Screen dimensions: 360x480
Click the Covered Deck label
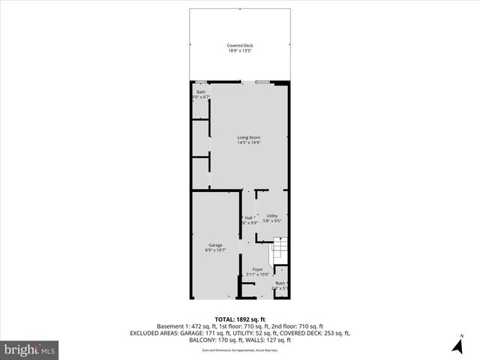[x=240, y=46]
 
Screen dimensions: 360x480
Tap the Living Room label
[x=248, y=137]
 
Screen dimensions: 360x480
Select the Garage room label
[x=215, y=245]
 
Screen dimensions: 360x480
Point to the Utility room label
[x=271, y=216]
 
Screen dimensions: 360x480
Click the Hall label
[x=248, y=217]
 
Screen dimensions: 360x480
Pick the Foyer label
[x=257, y=269]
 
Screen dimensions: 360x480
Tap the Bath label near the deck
[x=201, y=92]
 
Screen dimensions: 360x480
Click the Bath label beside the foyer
[x=280, y=283]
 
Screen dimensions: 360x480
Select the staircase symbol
[x=279, y=248]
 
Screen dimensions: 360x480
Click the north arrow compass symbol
[x=457, y=345]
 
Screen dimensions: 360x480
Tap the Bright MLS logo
[x=30, y=349]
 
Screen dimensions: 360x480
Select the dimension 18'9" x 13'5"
[x=240, y=51]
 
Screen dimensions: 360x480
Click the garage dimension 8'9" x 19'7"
[x=215, y=250]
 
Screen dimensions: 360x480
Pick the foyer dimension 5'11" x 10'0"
[x=257, y=274]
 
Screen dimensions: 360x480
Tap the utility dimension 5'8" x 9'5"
[x=271, y=221]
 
